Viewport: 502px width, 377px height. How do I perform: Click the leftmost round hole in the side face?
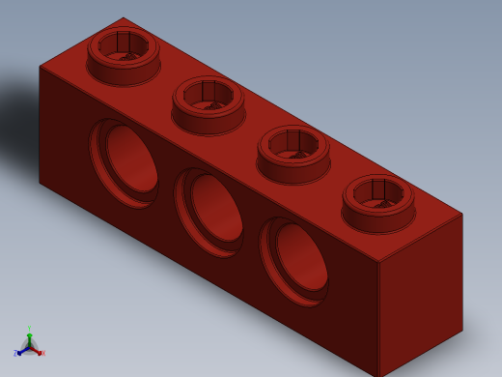(x=125, y=161)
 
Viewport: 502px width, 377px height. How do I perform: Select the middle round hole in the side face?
(x=210, y=211)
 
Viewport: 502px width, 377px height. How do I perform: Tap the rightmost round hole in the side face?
(x=295, y=260)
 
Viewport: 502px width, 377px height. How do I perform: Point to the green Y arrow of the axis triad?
(x=29, y=332)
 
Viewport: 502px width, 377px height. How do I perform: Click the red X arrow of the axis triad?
(x=41, y=352)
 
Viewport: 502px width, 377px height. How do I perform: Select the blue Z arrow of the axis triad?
(x=17, y=353)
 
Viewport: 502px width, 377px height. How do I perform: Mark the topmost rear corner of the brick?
(x=123, y=17)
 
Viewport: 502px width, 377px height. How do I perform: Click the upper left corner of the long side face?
(x=40, y=66)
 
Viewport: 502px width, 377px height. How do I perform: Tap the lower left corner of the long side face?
(x=40, y=182)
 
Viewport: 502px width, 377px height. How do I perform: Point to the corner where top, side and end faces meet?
(x=377, y=262)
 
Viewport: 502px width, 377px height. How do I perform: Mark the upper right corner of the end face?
(x=462, y=214)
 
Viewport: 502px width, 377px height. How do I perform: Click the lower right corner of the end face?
(x=462, y=330)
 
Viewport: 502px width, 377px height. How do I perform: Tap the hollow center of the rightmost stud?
(x=378, y=192)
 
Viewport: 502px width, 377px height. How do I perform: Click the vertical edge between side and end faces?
(x=377, y=319)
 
